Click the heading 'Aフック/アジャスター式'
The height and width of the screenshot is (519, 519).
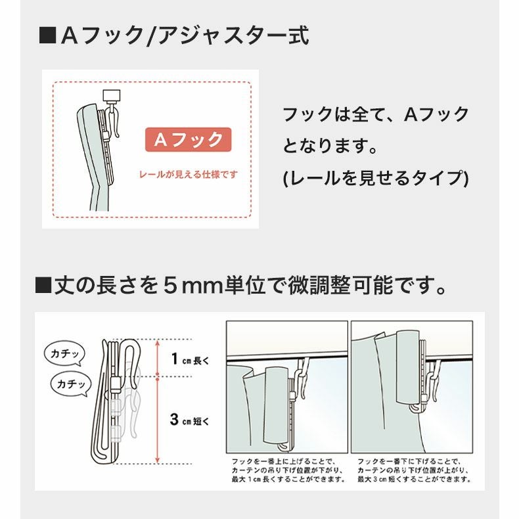pyautogui.click(x=184, y=35)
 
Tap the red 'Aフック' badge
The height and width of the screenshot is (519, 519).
pyautogui.click(x=188, y=140)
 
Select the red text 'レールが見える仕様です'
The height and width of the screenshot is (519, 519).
pyautogui.click(x=188, y=175)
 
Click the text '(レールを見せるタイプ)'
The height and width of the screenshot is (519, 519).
pyautogui.click(x=375, y=178)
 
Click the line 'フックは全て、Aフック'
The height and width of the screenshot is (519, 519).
pyautogui.click(x=375, y=114)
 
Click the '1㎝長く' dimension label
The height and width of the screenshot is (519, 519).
pyautogui.click(x=191, y=359)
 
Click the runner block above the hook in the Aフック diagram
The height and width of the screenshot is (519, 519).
pyautogui.click(x=114, y=95)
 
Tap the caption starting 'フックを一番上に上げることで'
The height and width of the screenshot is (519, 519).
pyautogui.click(x=286, y=470)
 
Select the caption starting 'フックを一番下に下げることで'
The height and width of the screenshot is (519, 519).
pyautogui.click(x=414, y=470)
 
